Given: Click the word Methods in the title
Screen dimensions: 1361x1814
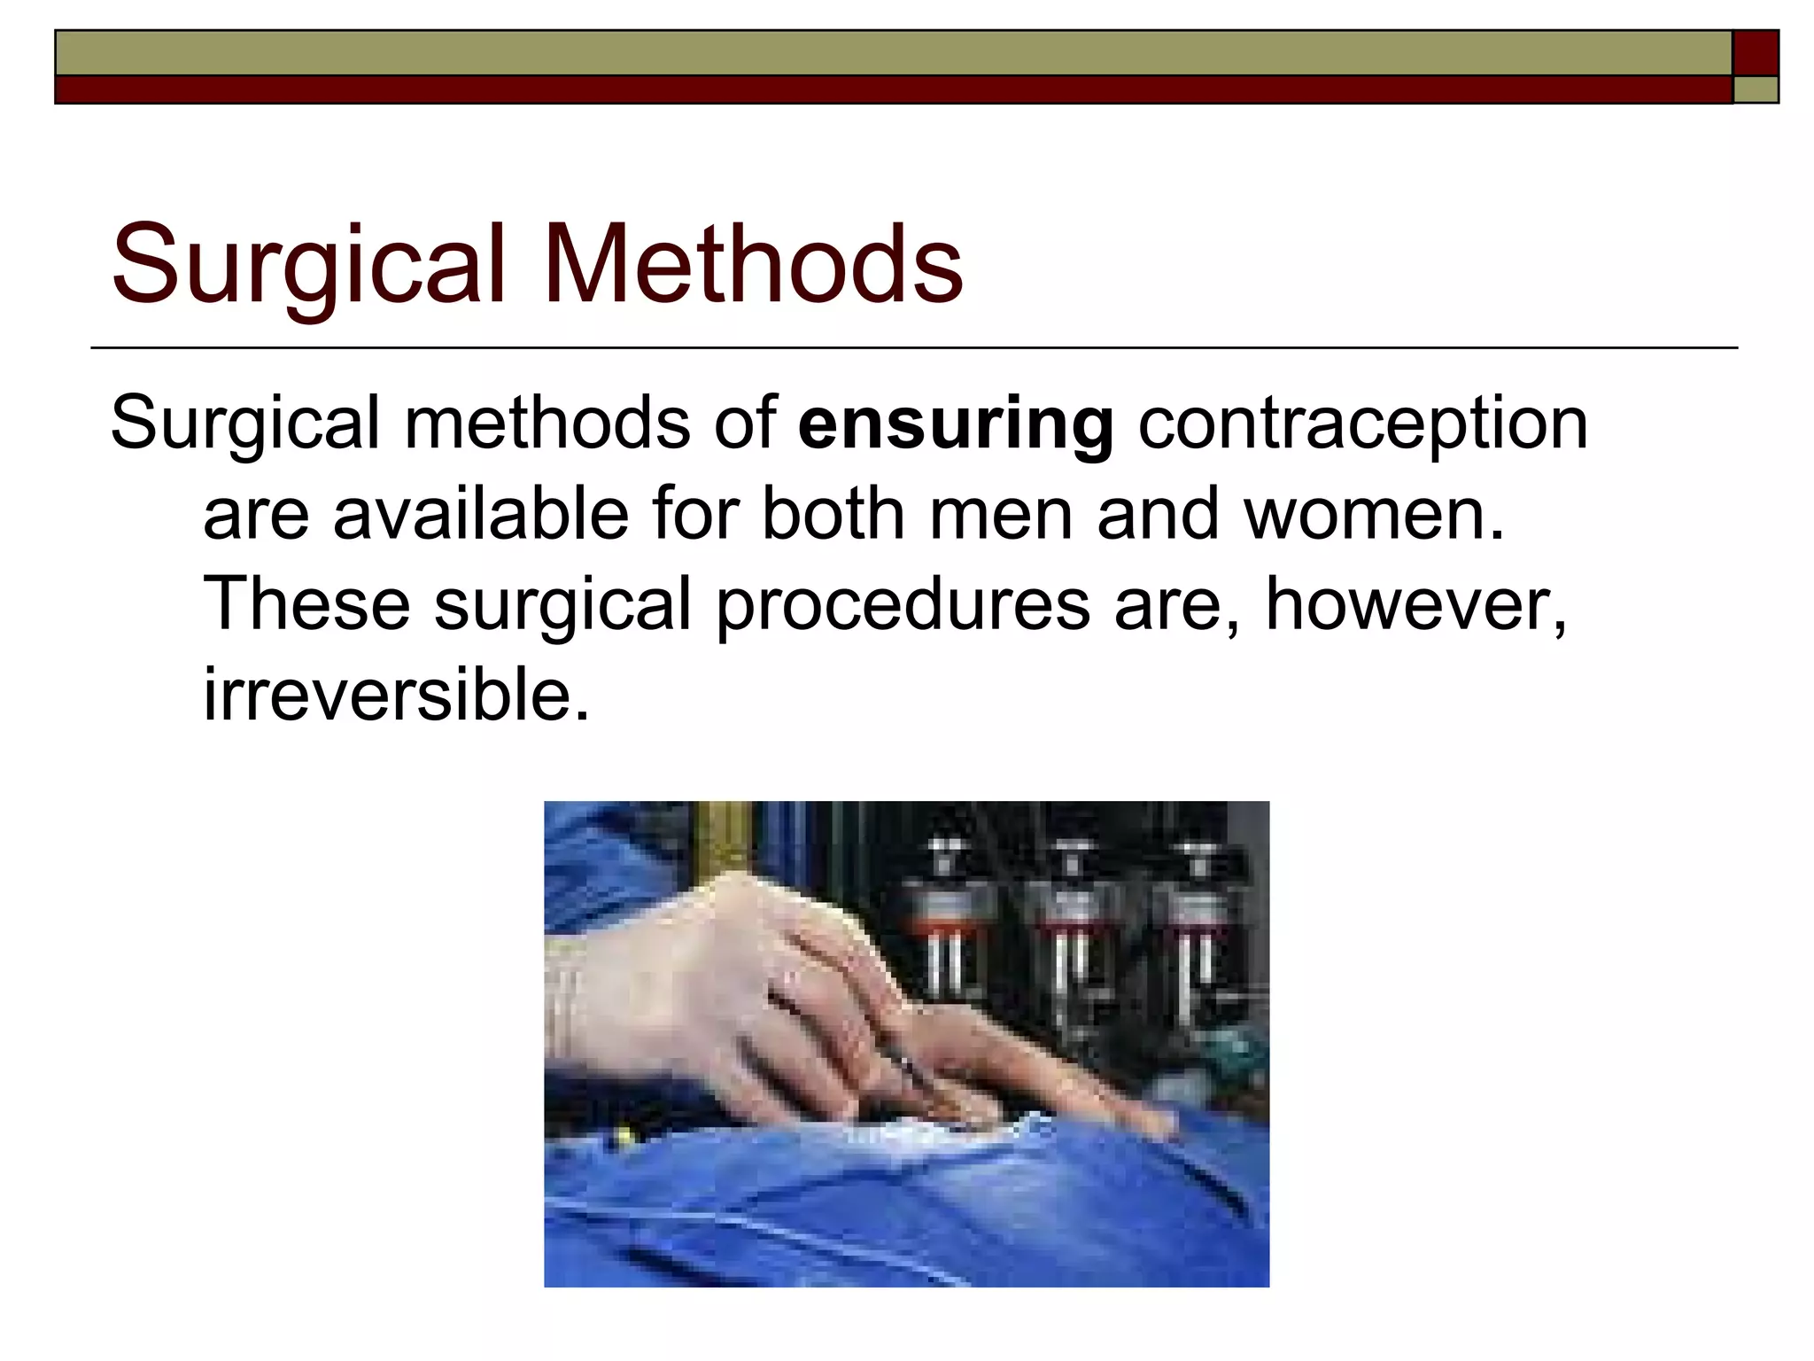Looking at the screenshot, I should (x=754, y=264).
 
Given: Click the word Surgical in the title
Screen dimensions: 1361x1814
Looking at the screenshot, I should (x=309, y=264).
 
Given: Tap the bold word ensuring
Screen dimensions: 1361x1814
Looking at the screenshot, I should (x=956, y=424).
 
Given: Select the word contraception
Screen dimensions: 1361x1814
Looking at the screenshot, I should (x=1362, y=424).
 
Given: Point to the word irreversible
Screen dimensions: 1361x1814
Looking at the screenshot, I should (x=396, y=696).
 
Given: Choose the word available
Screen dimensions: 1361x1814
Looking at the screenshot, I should (x=480, y=515).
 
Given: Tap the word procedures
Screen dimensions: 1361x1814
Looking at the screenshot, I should (x=903, y=604).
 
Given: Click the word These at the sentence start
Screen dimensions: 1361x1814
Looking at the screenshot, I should (x=306, y=604).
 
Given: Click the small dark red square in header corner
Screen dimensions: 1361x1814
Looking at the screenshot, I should (x=1756, y=52).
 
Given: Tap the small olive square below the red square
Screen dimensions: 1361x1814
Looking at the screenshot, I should (x=1756, y=89).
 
